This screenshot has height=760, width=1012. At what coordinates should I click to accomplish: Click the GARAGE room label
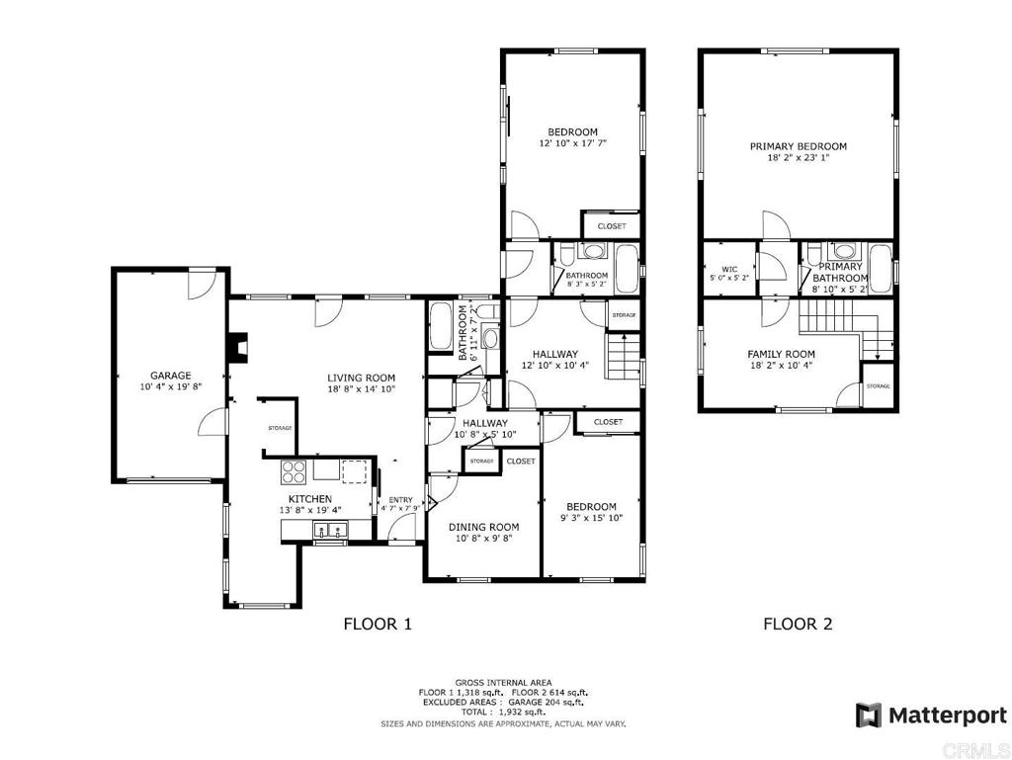170,376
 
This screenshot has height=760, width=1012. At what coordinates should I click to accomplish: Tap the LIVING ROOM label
361,379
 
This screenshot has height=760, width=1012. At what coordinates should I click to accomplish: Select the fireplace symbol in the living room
239,347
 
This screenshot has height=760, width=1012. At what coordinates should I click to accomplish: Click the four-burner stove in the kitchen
294,471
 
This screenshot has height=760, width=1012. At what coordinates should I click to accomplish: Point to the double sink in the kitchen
330,531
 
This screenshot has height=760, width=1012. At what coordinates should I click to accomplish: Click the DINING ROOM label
483,527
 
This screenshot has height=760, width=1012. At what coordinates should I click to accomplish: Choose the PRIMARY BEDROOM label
798,146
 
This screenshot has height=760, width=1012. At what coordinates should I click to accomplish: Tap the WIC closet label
729,270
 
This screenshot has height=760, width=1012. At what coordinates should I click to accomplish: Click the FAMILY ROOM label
781,354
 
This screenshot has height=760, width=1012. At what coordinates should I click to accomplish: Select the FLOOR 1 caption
377,624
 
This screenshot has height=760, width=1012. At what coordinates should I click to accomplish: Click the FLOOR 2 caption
798,624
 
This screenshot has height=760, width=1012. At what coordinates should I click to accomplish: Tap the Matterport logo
931,716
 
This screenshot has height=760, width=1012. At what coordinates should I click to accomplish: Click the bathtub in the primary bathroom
880,270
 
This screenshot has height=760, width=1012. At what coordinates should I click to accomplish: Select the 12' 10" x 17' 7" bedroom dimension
573,143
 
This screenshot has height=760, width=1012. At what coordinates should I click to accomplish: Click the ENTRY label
401,500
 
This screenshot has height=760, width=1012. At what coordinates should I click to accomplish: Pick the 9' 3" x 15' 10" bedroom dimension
591,518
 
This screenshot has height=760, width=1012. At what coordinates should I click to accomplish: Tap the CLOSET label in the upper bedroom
611,226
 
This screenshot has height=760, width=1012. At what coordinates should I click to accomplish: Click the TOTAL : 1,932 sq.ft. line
503,713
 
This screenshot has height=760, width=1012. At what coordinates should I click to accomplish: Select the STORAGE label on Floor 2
878,386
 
